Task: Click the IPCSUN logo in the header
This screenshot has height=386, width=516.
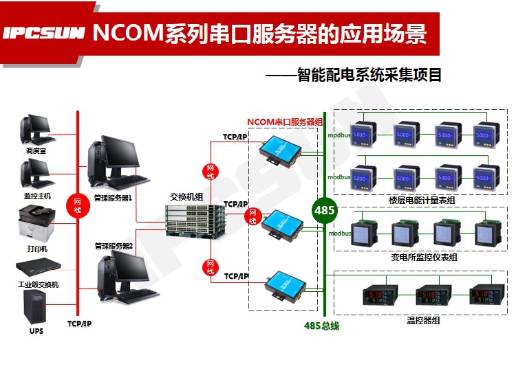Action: (x=43, y=32)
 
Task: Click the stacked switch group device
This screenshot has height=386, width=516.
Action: (x=195, y=219)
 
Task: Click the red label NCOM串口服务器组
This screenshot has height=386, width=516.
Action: (x=285, y=122)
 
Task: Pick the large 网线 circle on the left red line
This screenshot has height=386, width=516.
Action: (x=77, y=205)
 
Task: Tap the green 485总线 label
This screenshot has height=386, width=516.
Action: (x=321, y=326)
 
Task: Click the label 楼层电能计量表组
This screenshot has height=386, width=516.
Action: (x=421, y=200)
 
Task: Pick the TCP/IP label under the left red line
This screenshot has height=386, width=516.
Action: (x=78, y=323)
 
